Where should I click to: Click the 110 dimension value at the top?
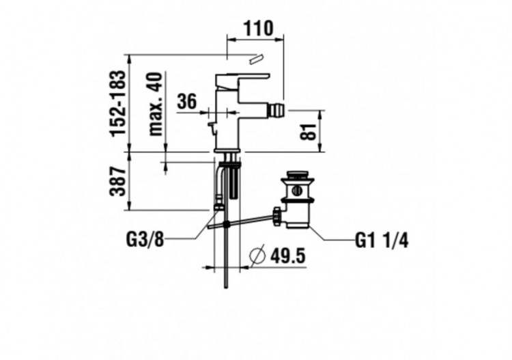257,29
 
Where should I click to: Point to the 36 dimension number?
186,102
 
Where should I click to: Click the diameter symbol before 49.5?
257,257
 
